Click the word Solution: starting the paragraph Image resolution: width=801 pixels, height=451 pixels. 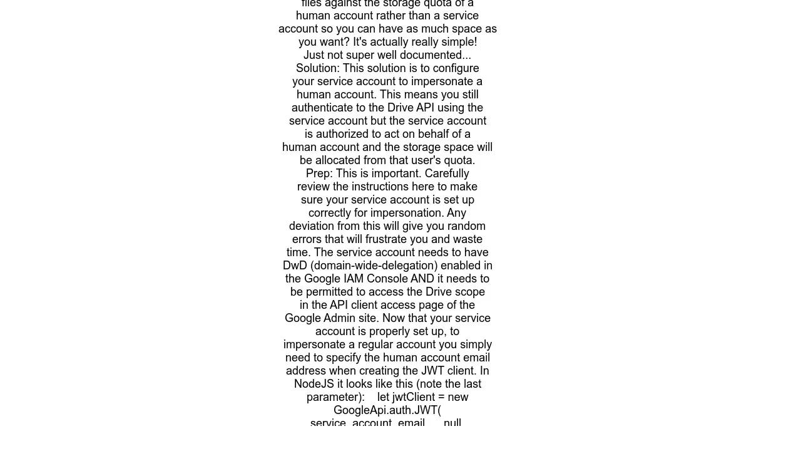pyautogui.click(x=318, y=68)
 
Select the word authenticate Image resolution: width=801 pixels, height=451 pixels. pyautogui.click(x=322, y=108)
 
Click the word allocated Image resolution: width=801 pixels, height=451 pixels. pyautogui.click(x=337, y=160)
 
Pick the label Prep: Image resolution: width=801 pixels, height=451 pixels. pyautogui.click(x=319, y=174)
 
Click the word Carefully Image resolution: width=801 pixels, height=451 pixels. pyautogui.click(x=447, y=174)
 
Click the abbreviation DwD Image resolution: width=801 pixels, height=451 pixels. pyautogui.click(x=295, y=266)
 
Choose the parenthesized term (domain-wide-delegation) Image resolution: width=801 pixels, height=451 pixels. pyautogui.click(x=374, y=266)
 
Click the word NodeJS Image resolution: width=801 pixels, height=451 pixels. pyautogui.click(x=314, y=384)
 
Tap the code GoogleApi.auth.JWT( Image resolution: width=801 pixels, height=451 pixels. pyautogui.click(x=387, y=410)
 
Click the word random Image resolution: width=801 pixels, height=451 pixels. pyautogui.click(x=462, y=226)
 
